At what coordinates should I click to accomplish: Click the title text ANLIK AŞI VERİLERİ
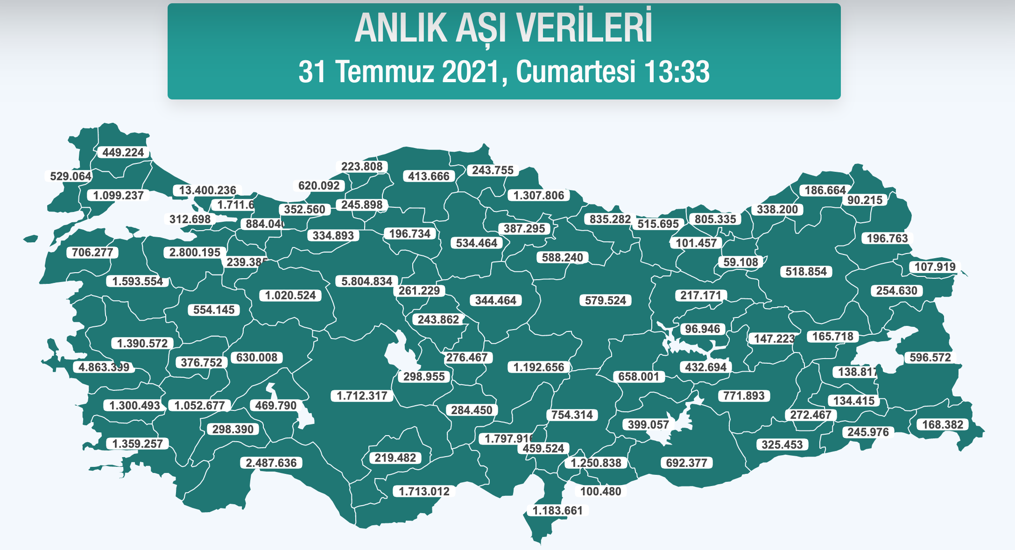coord(503,29)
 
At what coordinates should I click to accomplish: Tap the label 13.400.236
coord(208,190)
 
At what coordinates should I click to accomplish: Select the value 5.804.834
coord(367,281)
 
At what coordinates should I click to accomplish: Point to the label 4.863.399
coord(104,367)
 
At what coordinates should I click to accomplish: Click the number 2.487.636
coord(271,463)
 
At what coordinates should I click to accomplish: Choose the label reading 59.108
coord(740,262)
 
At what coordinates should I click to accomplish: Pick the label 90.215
coord(865,200)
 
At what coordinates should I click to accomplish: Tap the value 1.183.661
coord(558,510)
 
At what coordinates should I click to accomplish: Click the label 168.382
coord(943,424)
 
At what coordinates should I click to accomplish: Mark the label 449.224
coord(123,152)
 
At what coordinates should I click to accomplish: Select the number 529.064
coord(70,176)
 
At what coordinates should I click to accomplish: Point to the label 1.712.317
coord(362,396)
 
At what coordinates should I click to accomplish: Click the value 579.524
coord(606,300)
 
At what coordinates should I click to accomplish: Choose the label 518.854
coord(806,271)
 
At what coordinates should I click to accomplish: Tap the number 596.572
coord(930,358)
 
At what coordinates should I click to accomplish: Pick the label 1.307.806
coord(539,195)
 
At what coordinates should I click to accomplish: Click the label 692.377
coord(686,463)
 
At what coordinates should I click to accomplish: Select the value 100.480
coord(600,491)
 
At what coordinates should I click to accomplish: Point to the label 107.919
coord(935,267)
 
